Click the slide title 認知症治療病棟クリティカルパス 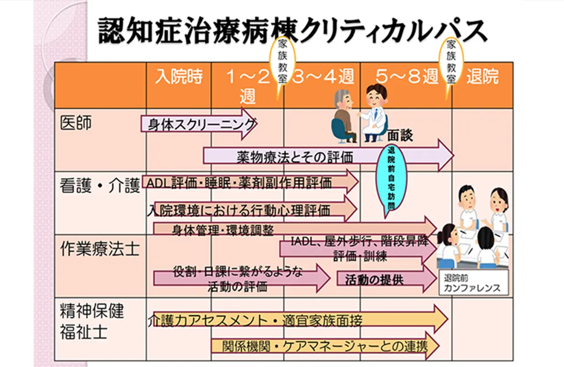pyautogui.click(x=292, y=31)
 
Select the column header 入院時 pyautogui.click(x=179, y=76)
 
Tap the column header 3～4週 pyautogui.click(x=323, y=76)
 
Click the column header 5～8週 pyautogui.click(x=407, y=76)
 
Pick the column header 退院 pyautogui.click(x=482, y=76)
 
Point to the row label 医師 pyautogui.click(x=76, y=123)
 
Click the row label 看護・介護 pyautogui.click(x=100, y=186)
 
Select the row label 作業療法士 pyautogui.click(x=100, y=249)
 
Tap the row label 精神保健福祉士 pyautogui.click(x=92, y=322)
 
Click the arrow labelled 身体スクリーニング pyautogui.click(x=199, y=124)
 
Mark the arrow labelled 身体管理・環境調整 pyautogui.click(x=295, y=229)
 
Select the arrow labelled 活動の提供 pyautogui.click(x=387, y=279)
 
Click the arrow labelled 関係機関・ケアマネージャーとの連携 pyautogui.click(x=325, y=346)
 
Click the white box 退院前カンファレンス pyautogui.click(x=473, y=282)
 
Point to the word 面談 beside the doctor pyautogui.click(x=400, y=136)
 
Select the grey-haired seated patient pyautogui.click(x=345, y=116)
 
